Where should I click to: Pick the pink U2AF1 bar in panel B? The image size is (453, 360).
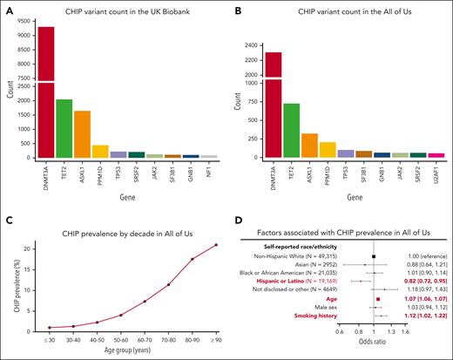[435, 155]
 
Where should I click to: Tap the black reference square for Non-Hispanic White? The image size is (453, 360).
[373, 256]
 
